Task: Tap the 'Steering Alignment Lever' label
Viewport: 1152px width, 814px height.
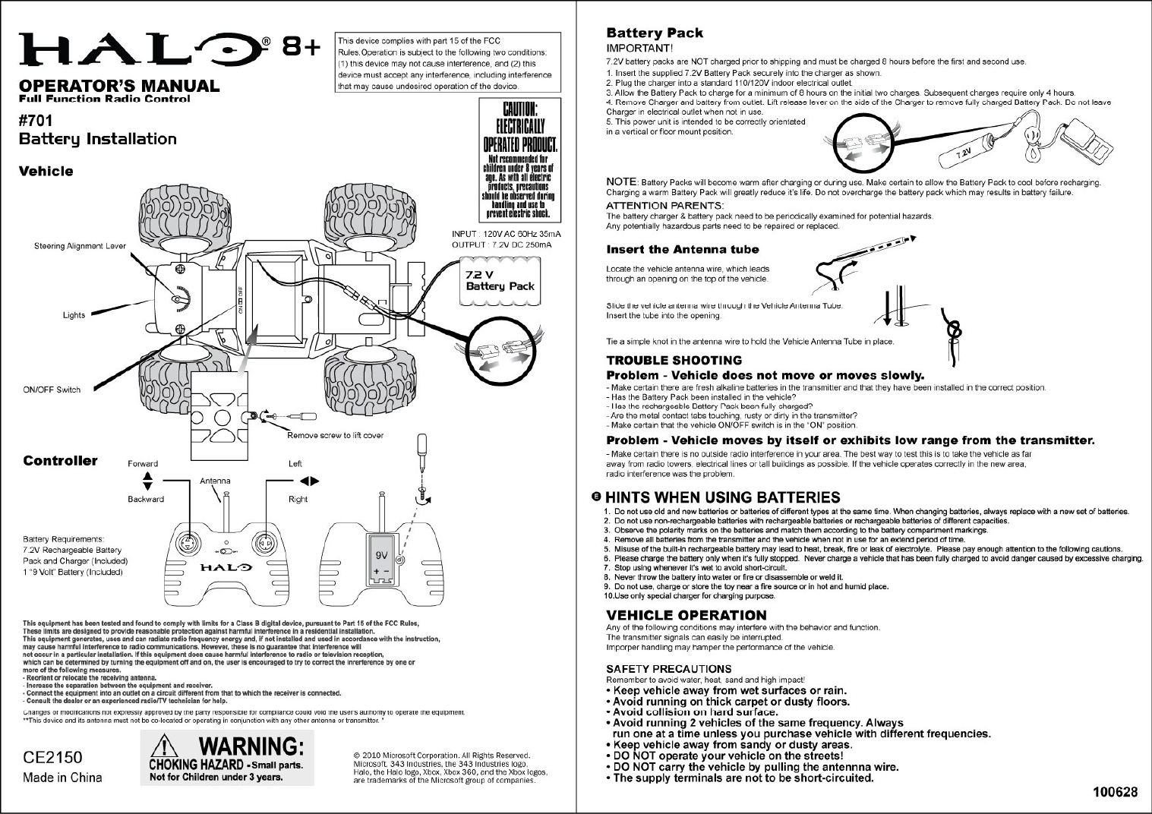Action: (80, 246)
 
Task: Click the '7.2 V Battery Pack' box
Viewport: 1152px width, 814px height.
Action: (500, 281)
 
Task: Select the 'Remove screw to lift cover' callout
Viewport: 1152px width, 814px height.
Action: (335, 435)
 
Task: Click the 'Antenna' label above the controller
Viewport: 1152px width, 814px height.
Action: (215, 481)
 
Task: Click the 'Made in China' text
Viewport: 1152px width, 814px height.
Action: (62, 778)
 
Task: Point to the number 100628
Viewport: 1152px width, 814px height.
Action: (1115, 793)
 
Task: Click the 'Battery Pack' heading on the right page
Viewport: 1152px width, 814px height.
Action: (654, 33)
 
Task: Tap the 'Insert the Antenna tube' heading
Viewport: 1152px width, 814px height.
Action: (682, 249)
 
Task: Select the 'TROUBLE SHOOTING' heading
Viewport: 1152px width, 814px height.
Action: (674, 360)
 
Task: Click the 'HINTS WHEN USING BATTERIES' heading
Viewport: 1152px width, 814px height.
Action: (722, 497)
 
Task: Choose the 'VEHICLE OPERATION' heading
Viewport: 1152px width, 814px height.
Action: (686, 614)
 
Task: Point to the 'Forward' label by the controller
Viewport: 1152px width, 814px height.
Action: (143, 463)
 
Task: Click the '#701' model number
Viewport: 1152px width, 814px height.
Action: (36, 118)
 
